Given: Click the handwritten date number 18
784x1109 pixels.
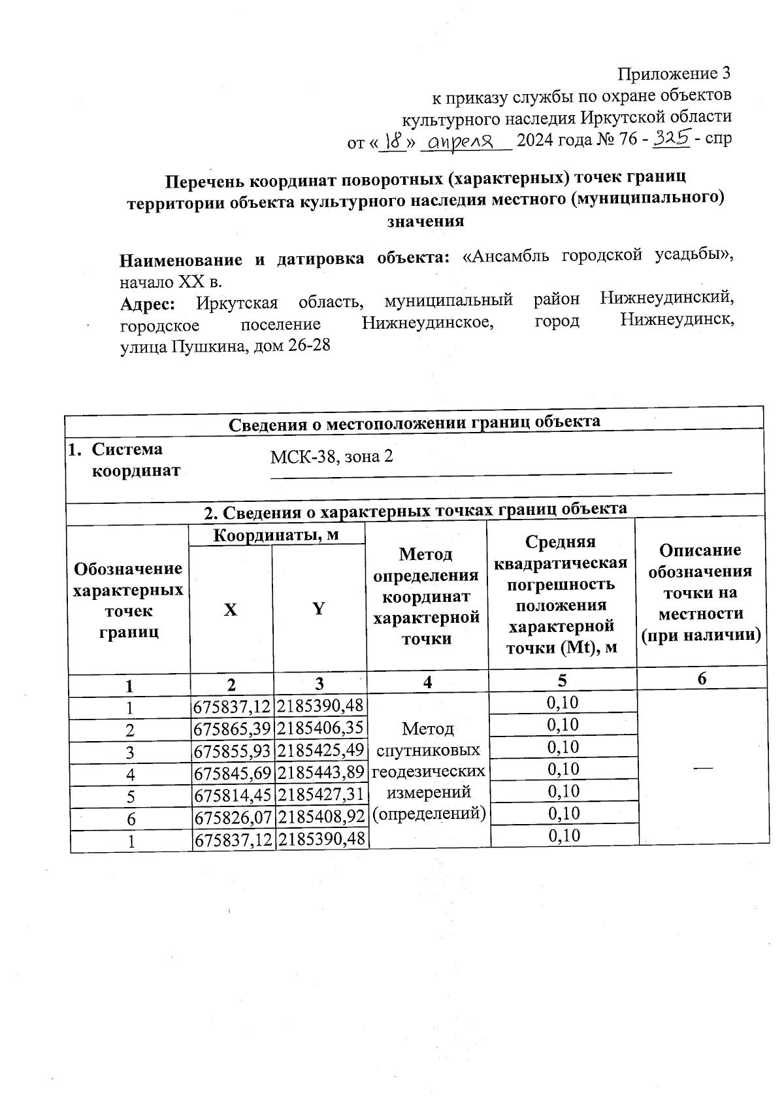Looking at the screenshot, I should click(x=393, y=140).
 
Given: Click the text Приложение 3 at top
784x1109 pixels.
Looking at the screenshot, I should click(x=674, y=73).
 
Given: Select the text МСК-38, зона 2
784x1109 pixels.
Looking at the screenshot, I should click(x=331, y=456).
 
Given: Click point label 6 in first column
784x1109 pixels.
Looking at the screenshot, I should click(x=130, y=819).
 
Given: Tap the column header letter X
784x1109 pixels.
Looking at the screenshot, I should click(x=231, y=610).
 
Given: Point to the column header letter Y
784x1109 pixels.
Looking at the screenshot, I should click(x=318, y=609).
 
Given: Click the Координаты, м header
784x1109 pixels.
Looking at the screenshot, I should click(x=277, y=535).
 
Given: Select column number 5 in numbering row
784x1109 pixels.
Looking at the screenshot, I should click(x=562, y=681).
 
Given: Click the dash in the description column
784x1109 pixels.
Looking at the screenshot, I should click(x=703, y=768).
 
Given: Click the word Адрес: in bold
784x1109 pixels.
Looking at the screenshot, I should click(x=147, y=304).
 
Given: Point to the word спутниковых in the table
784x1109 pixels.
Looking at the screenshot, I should click(x=429, y=750).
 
